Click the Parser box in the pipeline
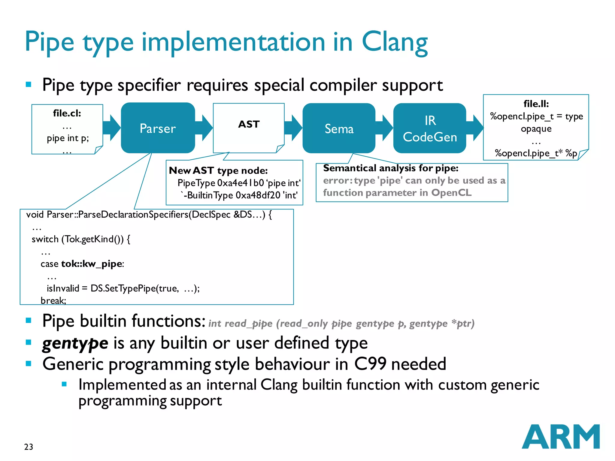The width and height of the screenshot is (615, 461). point(158,128)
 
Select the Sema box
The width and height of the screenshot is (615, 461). point(339,129)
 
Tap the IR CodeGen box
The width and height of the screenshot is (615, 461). point(430,129)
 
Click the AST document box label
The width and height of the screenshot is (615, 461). point(249,124)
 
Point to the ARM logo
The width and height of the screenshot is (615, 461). point(560,437)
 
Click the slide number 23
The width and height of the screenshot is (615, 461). point(29,447)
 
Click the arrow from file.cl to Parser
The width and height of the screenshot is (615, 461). point(112,128)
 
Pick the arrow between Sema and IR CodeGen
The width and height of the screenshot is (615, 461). point(384,128)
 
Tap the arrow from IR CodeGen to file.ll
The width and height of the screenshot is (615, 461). point(475,128)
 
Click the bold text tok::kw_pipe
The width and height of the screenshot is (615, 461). point(92,264)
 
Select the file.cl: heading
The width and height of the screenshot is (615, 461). point(67,113)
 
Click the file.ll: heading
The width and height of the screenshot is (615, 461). point(536,104)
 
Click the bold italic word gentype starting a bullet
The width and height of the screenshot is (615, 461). point(75,343)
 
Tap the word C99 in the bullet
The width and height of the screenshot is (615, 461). point(370,364)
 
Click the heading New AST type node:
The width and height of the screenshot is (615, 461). point(218,170)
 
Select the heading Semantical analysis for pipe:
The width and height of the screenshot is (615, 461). point(391,168)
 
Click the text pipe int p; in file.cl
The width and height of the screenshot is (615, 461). point(68,138)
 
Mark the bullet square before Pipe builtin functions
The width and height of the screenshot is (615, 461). point(29,321)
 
